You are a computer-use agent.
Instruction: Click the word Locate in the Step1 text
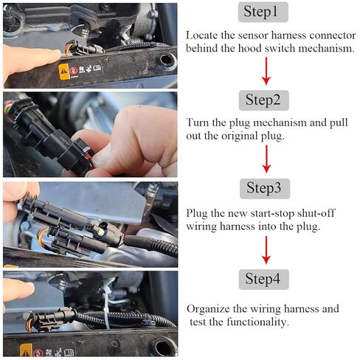point(201,35)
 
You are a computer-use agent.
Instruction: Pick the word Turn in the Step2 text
point(198,122)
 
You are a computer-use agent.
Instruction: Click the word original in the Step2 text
point(250,136)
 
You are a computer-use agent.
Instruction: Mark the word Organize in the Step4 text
point(210,308)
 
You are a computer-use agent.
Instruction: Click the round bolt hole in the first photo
point(165,58)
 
